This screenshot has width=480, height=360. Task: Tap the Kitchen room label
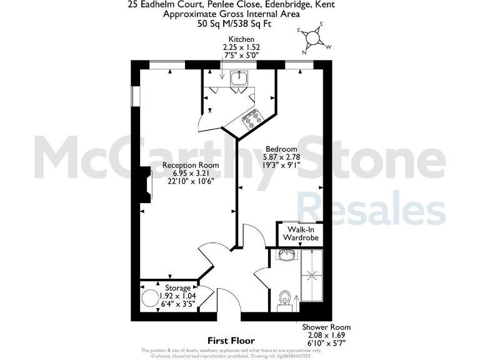click(x=241, y=39)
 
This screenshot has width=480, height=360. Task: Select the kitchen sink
click(x=239, y=79)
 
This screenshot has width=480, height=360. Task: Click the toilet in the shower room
click(x=284, y=297)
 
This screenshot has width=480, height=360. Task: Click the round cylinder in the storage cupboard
click(x=151, y=298)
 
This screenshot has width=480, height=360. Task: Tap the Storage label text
click(x=178, y=288)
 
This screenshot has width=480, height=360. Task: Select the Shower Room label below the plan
click(x=326, y=327)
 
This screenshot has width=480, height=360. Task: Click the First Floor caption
click(x=231, y=341)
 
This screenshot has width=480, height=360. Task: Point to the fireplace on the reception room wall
click(x=146, y=185)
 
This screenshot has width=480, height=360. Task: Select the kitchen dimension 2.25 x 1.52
click(x=241, y=47)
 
